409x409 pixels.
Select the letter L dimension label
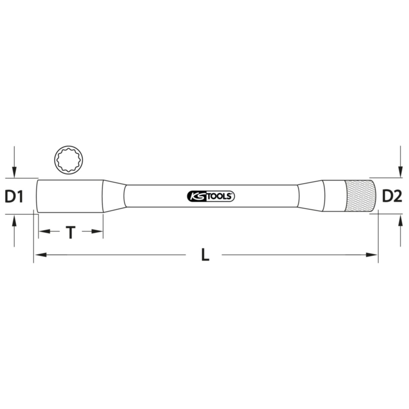pos(206,255)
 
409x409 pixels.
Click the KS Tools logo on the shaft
pos(211,196)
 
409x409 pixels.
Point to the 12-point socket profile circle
pos(69,160)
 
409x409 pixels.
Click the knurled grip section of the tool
pos(360,196)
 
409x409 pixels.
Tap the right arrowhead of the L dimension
pos(372,255)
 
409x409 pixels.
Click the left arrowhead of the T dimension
pos(45,231)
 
